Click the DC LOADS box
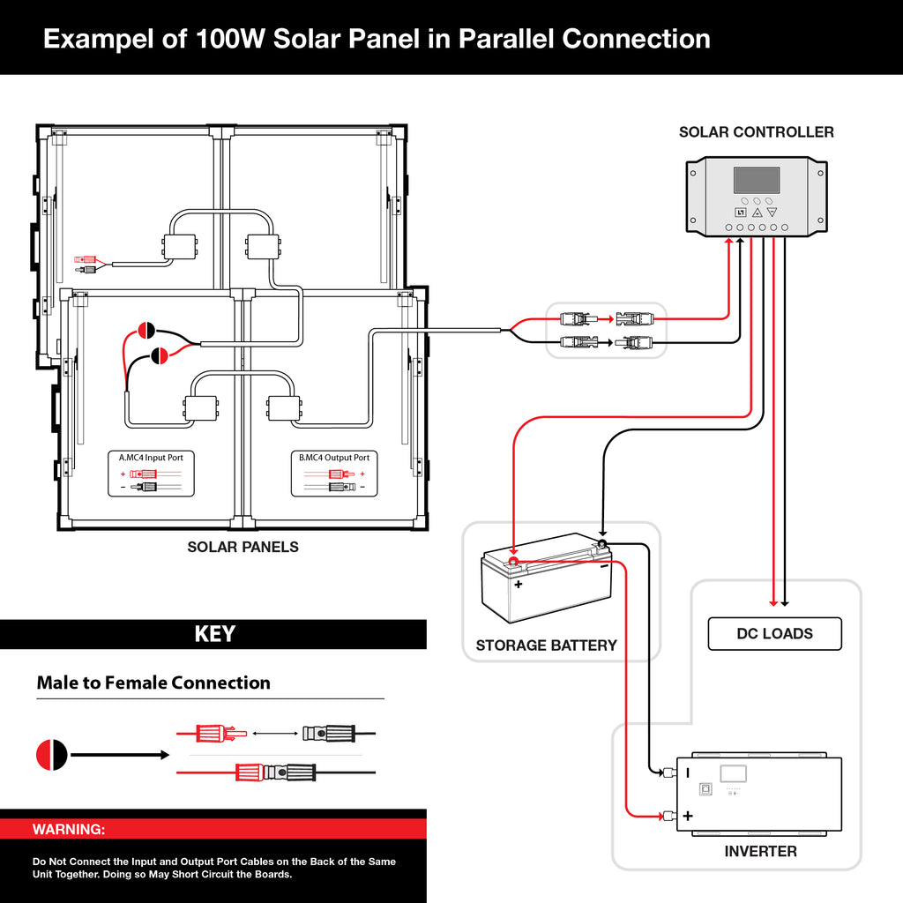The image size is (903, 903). (774, 634)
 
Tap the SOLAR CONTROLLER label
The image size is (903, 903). (756, 132)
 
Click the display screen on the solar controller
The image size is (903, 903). (756, 181)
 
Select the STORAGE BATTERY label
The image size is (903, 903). (546, 646)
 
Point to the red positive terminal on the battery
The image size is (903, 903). (511, 560)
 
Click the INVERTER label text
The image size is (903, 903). (760, 852)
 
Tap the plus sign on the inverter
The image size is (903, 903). (688, 817)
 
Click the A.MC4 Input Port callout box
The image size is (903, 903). (152, 473)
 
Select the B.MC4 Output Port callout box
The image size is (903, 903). (334, 473)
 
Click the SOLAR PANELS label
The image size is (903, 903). (243, 548)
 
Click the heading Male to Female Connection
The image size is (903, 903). (153, 683)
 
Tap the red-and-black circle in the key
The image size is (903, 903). (52, 755)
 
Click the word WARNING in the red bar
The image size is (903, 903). (69, 830)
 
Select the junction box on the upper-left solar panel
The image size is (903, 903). (177, 246)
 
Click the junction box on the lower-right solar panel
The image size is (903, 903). (283, 408)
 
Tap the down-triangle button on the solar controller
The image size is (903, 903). (772, 213)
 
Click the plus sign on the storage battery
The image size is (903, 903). (519, 584)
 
